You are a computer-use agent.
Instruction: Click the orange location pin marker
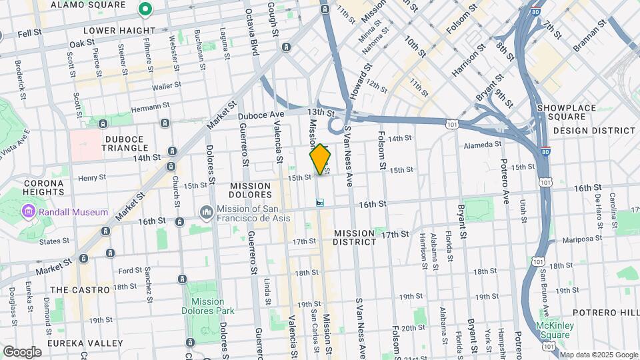pos(320,159)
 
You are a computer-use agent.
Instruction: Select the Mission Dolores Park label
pos(208,306)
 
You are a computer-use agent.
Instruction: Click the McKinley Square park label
pos(555,330)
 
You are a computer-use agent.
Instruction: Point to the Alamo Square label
pos(87,5)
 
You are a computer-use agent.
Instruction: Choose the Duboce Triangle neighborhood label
pos(125,143)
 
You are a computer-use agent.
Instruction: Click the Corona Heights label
pos(43,187)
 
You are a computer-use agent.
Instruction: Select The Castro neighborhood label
pos(80,290)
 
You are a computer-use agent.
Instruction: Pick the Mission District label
pos(355,237)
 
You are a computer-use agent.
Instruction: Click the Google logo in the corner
pos(22,351)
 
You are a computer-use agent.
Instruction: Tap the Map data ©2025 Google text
pos(599,355)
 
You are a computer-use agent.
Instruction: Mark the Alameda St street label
pos(482,144)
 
